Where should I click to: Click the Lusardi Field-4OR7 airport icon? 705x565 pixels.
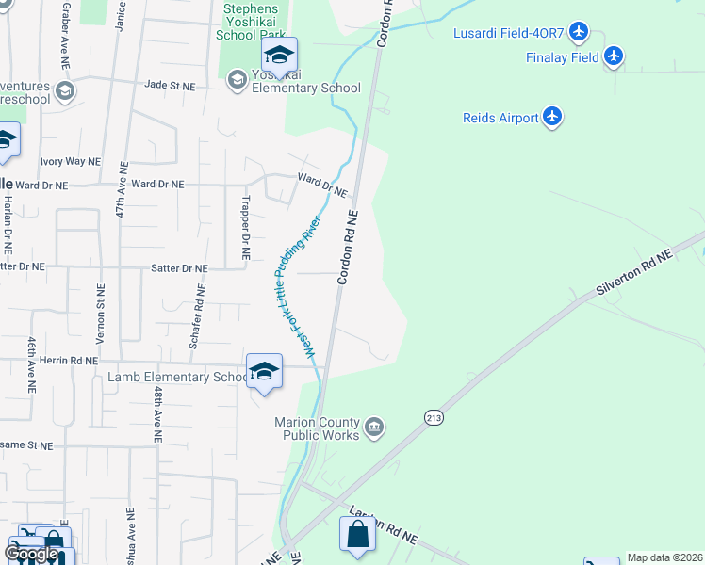[x=580, y=34]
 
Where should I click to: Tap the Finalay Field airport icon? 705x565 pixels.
[x=615, y=57]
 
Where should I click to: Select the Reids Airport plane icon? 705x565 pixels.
[x=552, y=118]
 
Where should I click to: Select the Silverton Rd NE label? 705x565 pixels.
[x=634, y=274]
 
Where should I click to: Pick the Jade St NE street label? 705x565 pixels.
[x=170, y=85]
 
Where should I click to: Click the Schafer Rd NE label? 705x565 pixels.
[x=196, y=320]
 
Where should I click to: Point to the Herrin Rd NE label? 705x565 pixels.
[x=71, y=361]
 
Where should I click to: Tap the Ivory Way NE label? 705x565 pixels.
[x=70, y=161]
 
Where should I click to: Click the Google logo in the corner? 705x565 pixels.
[x=31, y=554]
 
